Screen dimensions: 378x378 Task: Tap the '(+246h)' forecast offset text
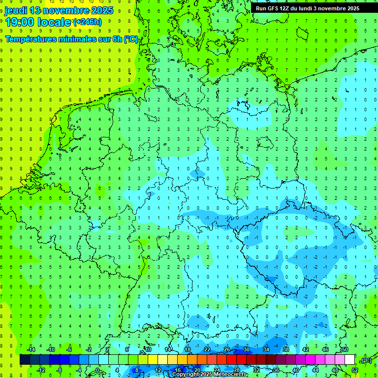(87, 22)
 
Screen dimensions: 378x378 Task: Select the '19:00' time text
(20, 22)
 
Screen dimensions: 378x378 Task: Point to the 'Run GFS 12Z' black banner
(308, 8)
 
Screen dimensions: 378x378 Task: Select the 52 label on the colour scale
(354, 370)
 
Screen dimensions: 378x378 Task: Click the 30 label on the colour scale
(246, 349)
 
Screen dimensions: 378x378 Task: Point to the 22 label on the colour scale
(207, 349)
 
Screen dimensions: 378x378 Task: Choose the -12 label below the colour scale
(41, 370)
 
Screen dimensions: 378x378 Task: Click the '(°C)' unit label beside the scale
(366, 360)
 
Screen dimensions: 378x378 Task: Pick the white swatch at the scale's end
(350, 360)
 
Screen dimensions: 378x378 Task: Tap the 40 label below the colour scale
(296, 370)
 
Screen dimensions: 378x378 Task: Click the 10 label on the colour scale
(148, 349)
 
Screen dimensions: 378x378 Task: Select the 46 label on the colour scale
(325, 349)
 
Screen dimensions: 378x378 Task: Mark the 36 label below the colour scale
(276, 370)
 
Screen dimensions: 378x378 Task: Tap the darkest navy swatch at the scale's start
(25, 360)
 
